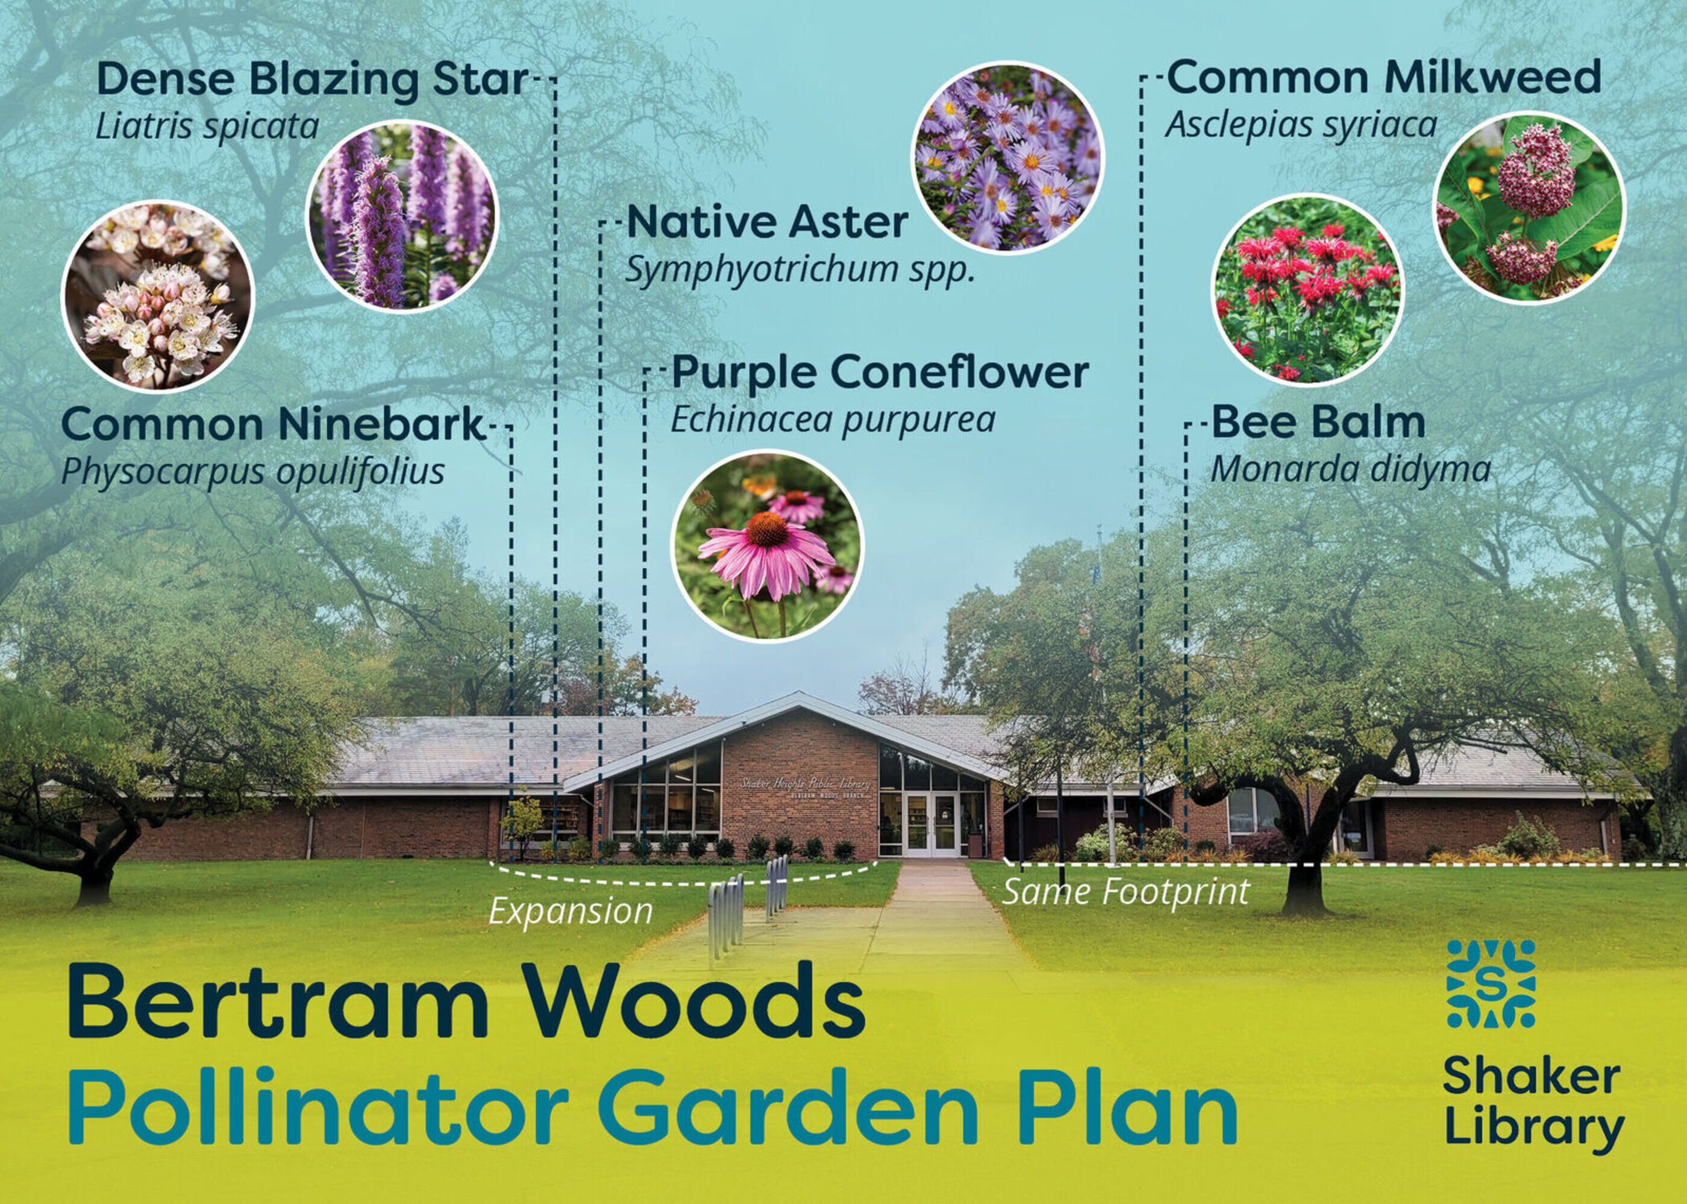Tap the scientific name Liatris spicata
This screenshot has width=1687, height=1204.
coord(207,127)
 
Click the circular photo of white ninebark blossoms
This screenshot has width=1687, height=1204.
coord(158,296)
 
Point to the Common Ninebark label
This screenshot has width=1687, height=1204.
coord(272,425)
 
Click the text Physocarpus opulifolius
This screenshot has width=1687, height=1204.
coord(253,471)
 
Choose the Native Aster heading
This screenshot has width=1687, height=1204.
coord(767,222)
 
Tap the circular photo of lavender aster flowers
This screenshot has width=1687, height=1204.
coord(1007,157)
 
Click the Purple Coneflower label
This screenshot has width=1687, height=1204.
coord(880,373)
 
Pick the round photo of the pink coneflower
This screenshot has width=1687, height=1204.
coord(767,545)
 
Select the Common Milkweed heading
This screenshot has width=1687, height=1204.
coord(1384,78)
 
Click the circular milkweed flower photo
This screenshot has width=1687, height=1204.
coord(1529,207)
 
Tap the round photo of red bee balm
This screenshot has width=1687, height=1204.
coord(1307,289)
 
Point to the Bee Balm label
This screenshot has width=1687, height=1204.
coord(1318,422)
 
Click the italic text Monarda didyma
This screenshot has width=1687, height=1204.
coord(1350,469)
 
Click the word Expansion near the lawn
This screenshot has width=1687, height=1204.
coord(570,911)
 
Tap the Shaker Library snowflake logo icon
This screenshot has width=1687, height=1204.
coord(1491,984)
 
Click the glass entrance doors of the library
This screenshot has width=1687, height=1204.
coord(931,825)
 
